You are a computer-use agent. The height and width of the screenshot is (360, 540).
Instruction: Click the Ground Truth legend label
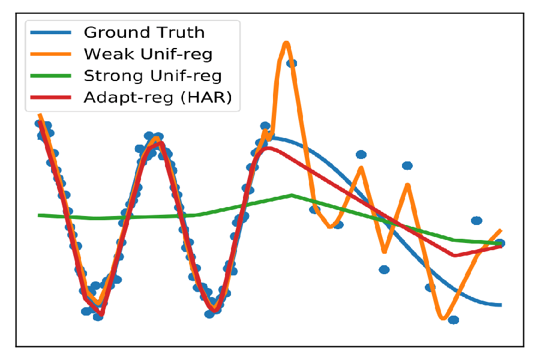tap(144, 32)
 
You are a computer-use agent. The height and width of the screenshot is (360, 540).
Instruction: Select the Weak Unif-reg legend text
tap(148, 54)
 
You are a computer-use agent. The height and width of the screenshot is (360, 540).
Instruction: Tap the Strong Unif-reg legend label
tap(153, 76)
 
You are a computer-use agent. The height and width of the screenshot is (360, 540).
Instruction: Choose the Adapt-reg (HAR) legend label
tap(158, 98)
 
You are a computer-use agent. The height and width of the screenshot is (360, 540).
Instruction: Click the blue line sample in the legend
tap(51, 32)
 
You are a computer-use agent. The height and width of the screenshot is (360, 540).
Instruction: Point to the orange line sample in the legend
tap(51, 54)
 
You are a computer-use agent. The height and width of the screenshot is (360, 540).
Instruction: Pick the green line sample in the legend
tap(51, 76)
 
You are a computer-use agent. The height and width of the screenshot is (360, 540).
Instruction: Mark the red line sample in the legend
tap(51, 98)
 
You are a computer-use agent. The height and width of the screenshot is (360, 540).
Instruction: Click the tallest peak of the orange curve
tap(287, 43)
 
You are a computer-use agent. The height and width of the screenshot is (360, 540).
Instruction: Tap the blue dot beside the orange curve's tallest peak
tap(292, 63)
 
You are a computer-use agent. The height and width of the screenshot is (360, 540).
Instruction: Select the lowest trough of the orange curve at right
tap(443, 317)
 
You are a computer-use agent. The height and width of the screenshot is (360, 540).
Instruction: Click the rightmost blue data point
tap(500, 243)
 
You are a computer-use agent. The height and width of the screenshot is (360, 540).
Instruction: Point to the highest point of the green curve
tap(292, 195)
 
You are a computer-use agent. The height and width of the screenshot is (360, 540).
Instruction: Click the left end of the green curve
tap(40, 215)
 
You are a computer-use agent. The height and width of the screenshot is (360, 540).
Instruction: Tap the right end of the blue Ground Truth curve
tap(500, 305)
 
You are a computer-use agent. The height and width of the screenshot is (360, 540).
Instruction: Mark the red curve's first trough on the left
tap(102, 313)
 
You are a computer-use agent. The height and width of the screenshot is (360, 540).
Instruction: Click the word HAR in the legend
tap(209, 98)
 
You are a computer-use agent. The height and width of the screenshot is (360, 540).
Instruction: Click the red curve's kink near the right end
tap(454, 256)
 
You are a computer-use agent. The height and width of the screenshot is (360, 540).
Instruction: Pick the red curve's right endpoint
tap(500, 246)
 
